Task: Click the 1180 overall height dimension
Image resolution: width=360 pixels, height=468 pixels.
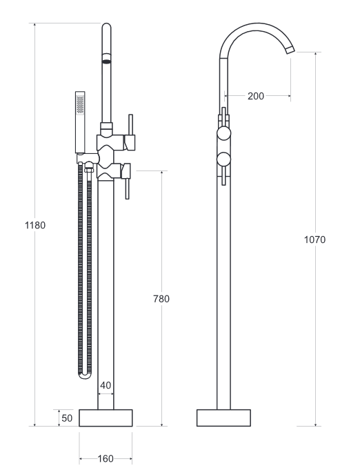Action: tap(34, 225)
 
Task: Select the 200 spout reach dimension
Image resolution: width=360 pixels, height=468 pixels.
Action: tap(255, 96)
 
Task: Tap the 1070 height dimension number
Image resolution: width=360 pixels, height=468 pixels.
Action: tap(314, 240)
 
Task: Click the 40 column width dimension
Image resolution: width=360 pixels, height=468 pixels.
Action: tap(106, 385)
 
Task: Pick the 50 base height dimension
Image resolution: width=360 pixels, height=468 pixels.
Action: tap(67, 418)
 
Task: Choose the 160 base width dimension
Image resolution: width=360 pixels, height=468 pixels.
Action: tap(106, 458)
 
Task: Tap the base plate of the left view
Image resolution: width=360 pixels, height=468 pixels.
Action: tap(106, 418)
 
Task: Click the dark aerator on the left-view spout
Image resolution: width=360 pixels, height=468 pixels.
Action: tap(106, 60)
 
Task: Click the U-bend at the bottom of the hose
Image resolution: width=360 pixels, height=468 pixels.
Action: tap(85, 376)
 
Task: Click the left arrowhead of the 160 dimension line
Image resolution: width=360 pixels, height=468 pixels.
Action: tap(81, 458)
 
